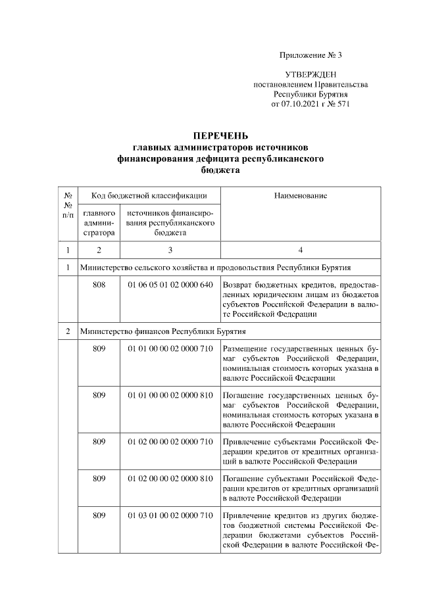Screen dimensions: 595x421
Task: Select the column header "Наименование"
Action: pos(300,195)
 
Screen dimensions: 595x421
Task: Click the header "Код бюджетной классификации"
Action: pos(149,195)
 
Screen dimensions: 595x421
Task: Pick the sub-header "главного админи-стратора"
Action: pos(99,223)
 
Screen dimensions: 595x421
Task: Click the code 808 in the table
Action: pos(99,285)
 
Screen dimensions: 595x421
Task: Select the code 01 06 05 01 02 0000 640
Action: pos(170,285)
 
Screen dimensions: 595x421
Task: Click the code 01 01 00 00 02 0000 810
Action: pos(170,395)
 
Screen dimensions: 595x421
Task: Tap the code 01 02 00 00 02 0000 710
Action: pos(170,442)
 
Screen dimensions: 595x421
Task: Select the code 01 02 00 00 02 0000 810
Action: pos(170,478)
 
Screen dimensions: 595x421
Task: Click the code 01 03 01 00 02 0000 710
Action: pos(170,515)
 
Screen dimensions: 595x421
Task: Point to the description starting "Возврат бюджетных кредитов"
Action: pos(301,300)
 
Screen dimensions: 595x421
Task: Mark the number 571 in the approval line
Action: pos(343,104)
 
